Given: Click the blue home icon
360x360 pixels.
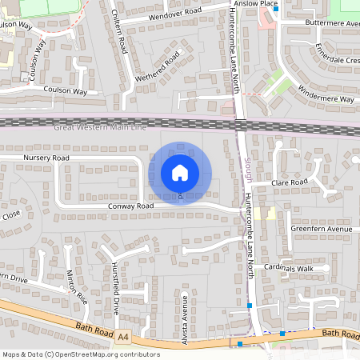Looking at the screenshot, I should (x=180, y=173).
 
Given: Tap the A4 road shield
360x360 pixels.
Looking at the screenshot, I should (x=122, y=339).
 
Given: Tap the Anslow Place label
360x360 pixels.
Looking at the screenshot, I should (x=255, y=4).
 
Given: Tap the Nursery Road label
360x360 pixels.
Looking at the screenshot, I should (x=46, y=158).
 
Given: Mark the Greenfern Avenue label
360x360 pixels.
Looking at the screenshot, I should (x=322, y=230).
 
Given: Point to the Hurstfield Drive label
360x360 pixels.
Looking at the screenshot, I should (x=117, y=286).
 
